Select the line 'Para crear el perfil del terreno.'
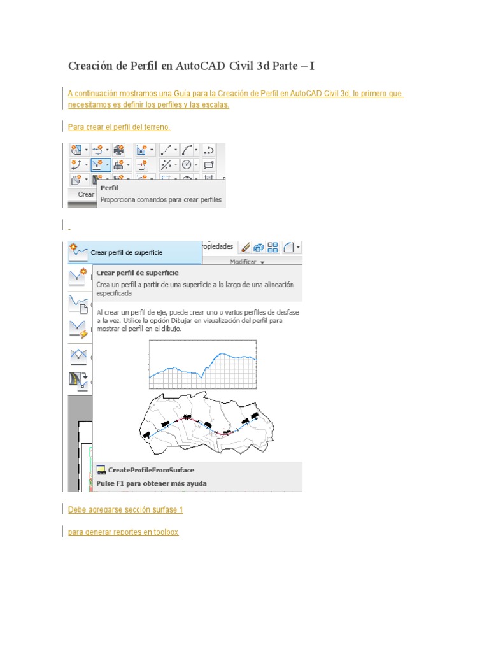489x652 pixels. tap(119, 127)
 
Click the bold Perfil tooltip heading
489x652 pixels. tap(109, 188)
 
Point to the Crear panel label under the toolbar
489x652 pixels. tap(85, 195)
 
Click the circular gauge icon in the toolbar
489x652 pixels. tap(187, 165)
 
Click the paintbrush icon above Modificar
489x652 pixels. tap(244, 247)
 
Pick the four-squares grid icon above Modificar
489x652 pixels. tap(273, 247)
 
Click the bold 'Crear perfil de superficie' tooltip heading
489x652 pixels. tap(137, 273)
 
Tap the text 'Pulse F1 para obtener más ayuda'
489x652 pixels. tap(151, 483)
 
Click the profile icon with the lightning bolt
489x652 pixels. tap(78, 329)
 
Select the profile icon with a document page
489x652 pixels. tap(78, 303)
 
